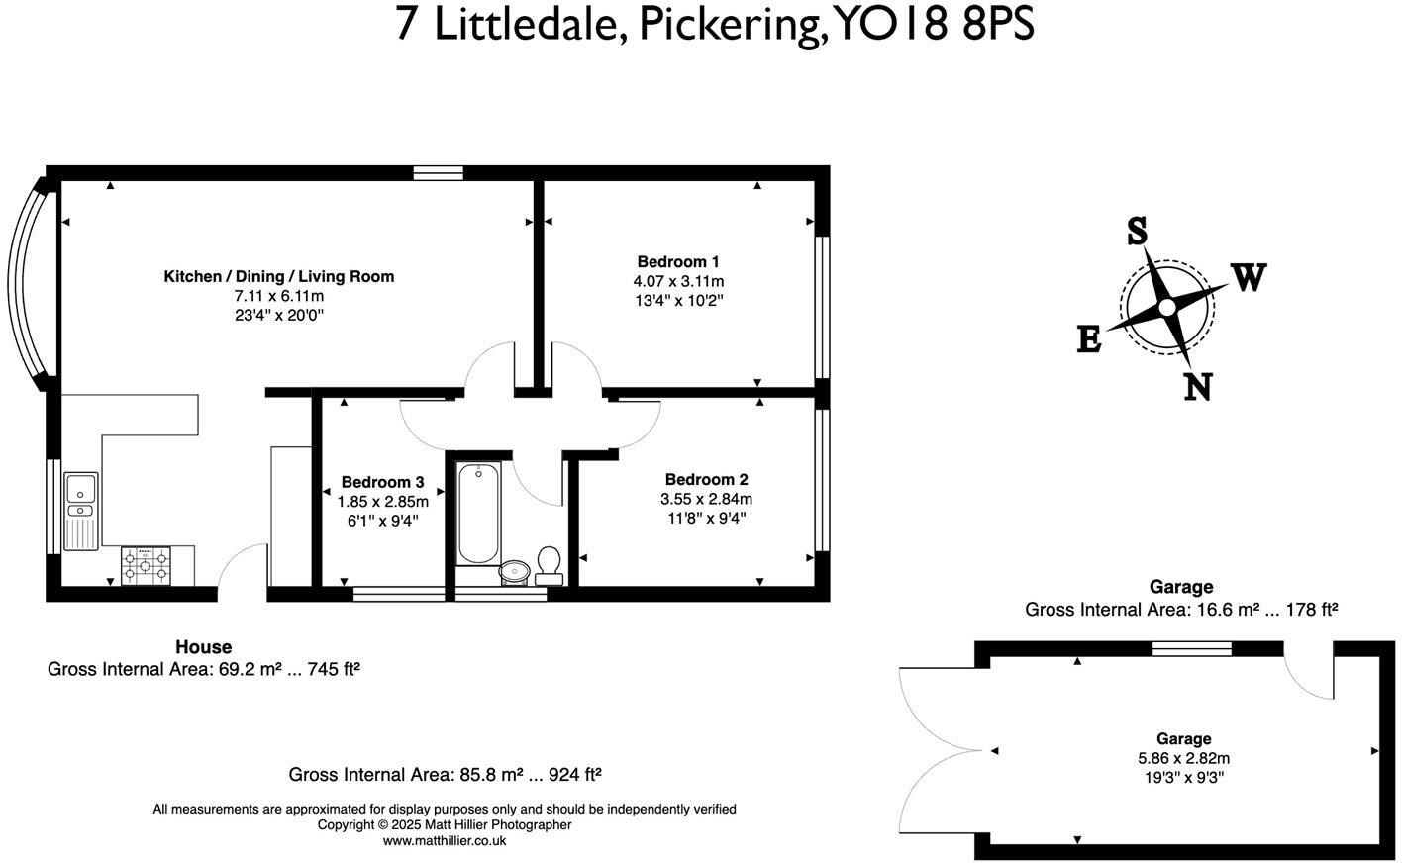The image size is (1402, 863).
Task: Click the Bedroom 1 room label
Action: pyautogui.click(x=678, y=262)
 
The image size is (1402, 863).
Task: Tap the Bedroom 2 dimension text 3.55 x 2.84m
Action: pyautogui.click(x=706, y=499)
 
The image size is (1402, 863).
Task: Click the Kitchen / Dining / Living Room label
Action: pyautogui.click(x=278, y=277)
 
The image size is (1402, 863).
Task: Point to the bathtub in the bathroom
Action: pyautogui.click(x=478, y=514)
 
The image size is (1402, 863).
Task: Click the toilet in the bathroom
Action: pyautogui.click(x=549, y=561)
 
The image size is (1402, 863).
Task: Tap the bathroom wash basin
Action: pyautogui.click(x=514, y=571)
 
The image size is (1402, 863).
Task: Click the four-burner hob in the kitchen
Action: pyautogui.click(x=146, y=565)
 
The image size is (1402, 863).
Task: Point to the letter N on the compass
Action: pyautogui.click(x=1198, y=386)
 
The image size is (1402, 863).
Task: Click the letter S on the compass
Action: pyautogui.click(x=1137, y=232)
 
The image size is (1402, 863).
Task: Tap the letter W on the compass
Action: pyautogui.click(x=1249, y=277)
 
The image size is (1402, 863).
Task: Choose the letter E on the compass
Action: pyautogui.click(x=1088, y=340)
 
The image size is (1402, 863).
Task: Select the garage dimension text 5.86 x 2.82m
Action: pyautogui.click(x=1183, y=759)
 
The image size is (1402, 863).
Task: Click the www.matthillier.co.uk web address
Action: pyautogui.click(x=445, y=841)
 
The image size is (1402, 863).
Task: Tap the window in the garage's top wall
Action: pyautogui.click(x=1191, y=648)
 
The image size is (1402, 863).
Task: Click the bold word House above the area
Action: pyautogui.click(x=203, y=647)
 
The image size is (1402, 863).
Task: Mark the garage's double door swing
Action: pyautogui.click(x=941, y=752)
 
